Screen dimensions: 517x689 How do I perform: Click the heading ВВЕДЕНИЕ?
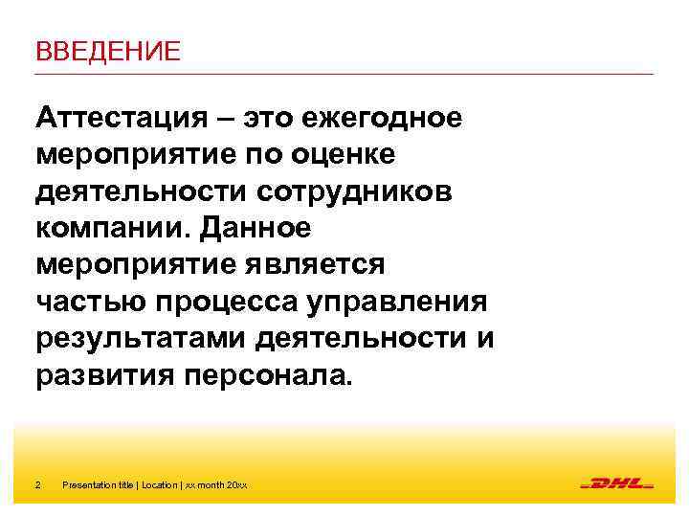click(x=107, y=51)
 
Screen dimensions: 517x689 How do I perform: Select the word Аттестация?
click(x=116, y=119)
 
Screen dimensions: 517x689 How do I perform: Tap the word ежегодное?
click(x=383, y=119)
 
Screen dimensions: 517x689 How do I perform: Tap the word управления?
click(x=400, y=302)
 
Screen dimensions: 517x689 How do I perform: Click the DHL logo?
click(x=617, y=484)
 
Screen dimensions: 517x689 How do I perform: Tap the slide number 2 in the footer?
click(x=37, y=485)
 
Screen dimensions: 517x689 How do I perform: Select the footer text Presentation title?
click(x=99, y=485)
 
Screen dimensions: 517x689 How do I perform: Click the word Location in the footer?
click(x=159, y=485)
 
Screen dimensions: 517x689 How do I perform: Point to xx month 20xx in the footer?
click(x=216, y=485)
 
